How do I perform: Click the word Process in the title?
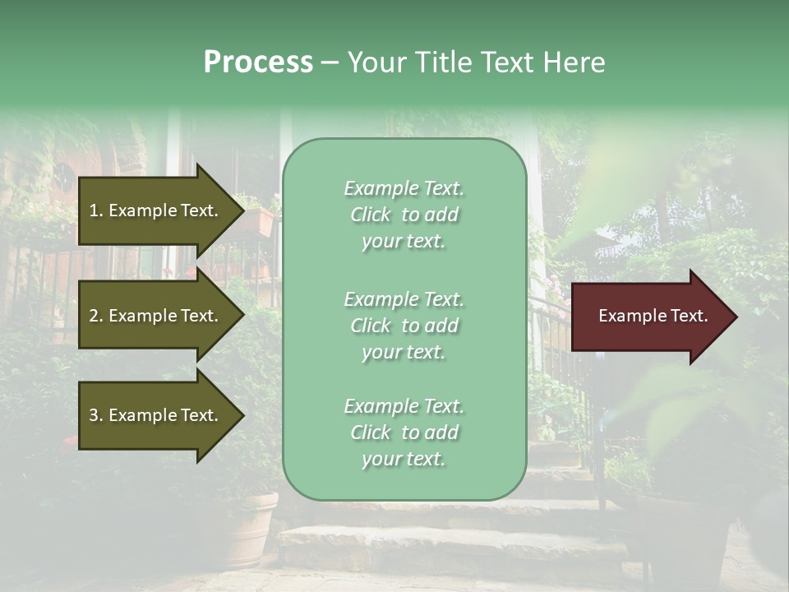click(258, 62)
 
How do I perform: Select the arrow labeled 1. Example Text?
click(156, 210)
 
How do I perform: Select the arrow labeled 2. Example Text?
click(156, 316)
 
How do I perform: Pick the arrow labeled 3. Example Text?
click(156, 415)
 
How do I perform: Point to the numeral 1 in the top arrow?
click(94, 210)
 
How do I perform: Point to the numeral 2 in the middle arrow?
click(94, 316)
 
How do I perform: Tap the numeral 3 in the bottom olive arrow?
click(94, 415)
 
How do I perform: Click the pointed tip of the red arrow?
click(733, 317)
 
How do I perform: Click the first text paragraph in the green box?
click(404, 215)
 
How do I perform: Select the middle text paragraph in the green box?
click(404, 326)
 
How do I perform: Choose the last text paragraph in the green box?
click(404, 432)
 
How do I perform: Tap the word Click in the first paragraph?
click(371, 215)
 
